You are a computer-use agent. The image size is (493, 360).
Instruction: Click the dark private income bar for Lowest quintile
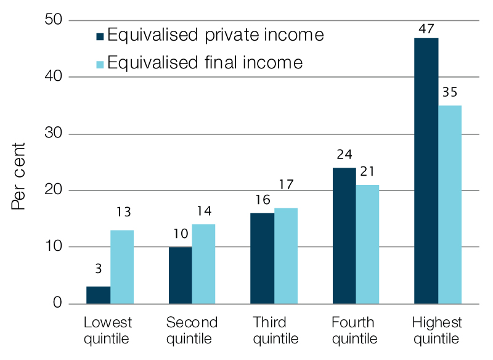tap(98, 295)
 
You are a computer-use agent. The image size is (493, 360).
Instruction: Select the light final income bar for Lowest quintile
tap(122, 267)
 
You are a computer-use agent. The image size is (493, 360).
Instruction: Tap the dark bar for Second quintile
tap(180, 276)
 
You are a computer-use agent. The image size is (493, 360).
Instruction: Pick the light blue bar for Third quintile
tap(286, 256)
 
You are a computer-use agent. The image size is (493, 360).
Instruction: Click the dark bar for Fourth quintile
tap(344, 235)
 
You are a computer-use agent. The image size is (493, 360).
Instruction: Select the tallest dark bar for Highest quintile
tap(426, 171)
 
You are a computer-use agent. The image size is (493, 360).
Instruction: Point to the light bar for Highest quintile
tap(450, 205)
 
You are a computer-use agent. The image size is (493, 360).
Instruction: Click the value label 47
tap(426, 28)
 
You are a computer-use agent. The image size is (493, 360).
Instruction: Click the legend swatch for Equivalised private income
tap(100, 35)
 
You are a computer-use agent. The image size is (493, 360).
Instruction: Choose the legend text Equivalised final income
tap(205, 62)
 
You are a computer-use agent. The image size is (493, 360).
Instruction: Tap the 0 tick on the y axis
tap(58, 304)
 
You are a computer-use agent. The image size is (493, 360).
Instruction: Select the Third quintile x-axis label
tap(275, 330)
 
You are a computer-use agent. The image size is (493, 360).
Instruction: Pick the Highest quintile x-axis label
tap(436, 330)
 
